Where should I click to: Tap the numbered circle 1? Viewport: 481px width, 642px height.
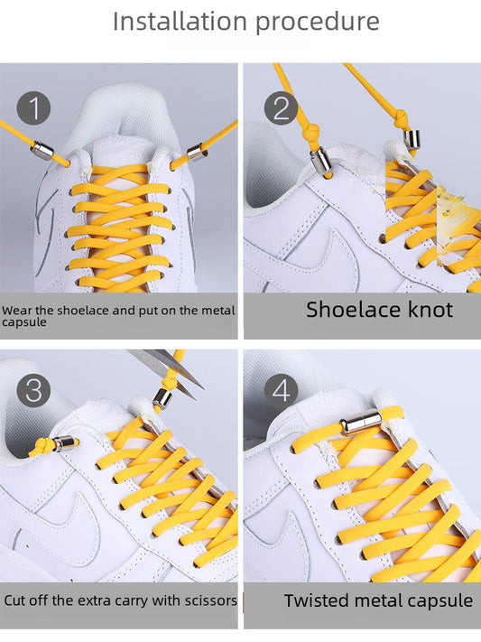(34, 108)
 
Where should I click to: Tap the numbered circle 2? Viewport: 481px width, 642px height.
(281, 108)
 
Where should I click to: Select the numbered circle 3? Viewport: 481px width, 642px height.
(34, 391)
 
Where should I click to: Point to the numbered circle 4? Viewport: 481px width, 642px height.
(282, 391)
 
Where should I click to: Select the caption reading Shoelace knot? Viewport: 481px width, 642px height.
(379, 310)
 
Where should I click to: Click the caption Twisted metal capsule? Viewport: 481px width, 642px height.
(378, 600)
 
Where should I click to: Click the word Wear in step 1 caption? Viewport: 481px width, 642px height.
(15, 310)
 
